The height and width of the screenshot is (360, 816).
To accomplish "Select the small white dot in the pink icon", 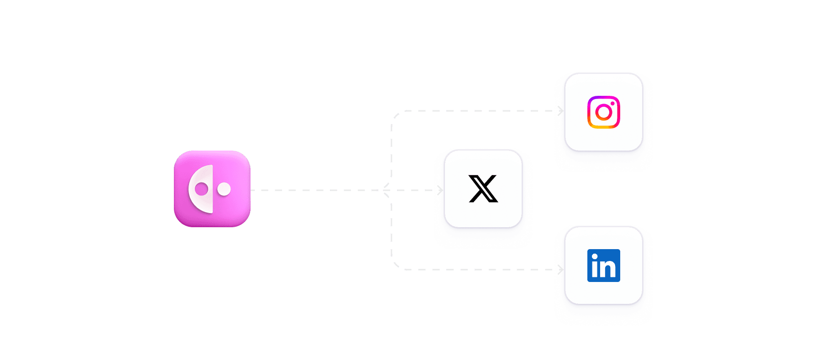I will click(224, 189).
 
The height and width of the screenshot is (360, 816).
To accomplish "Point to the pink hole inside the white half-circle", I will click(201, 189).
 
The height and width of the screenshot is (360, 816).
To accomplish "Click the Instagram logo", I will click(603, 112).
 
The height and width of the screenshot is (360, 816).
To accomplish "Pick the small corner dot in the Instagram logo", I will click(612, 104).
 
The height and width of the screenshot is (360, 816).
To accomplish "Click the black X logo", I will click(483, 188).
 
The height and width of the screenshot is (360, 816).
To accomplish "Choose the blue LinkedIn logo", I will click(603, 265).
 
